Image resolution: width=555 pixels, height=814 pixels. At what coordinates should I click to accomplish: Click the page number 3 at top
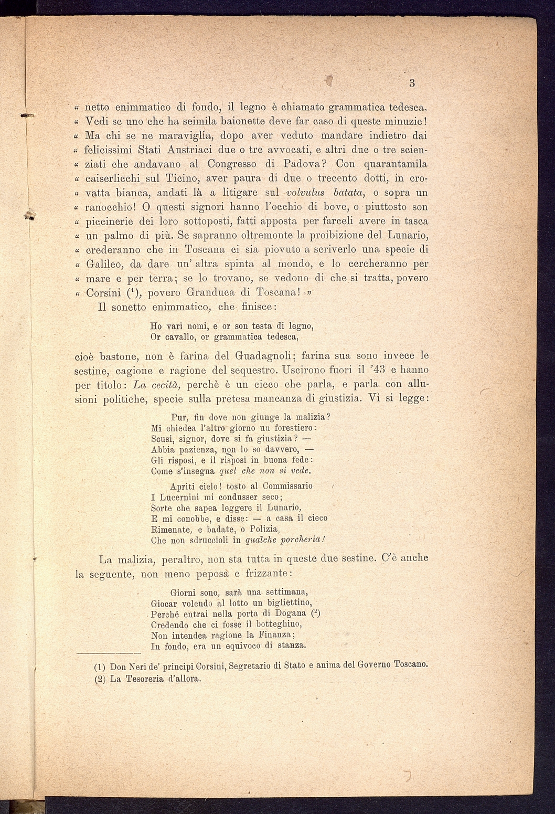pyautogui.click(x=412, y=82)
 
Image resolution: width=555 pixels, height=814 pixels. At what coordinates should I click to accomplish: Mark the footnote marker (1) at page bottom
pyautogui.click(x=100, y=668)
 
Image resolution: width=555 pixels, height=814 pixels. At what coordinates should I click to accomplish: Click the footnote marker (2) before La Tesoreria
pyautogui.click(x=100, y=679)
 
